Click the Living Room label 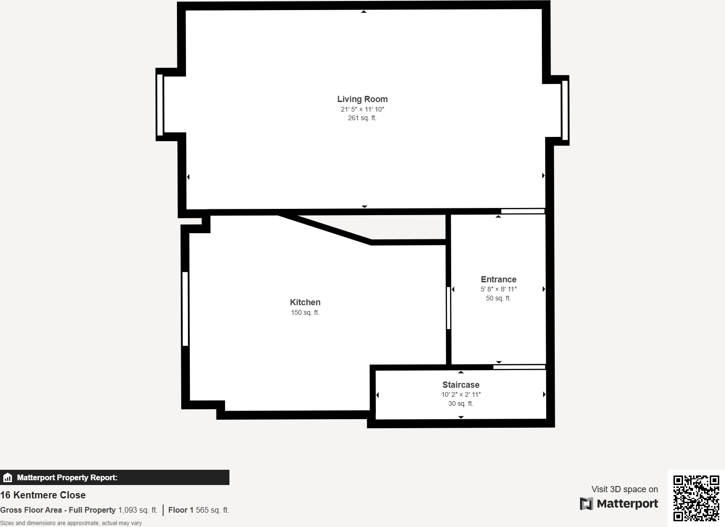(362, 99)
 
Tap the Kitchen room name (305, 302)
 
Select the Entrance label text (498, 279)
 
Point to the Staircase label (461, 385)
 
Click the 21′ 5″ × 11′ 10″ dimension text (362, 109)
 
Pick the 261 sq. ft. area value (362, 118)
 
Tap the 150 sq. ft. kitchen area (305, 313)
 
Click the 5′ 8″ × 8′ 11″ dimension (498, 289)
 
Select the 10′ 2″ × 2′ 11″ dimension (461, 394)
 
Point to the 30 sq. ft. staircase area (461, 403)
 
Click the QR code (696, 498)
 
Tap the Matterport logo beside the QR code (619, 504)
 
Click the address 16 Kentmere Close (43, 495)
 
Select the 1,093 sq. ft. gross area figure (137, 510)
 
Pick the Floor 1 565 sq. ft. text (198, 510)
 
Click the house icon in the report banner (8, 477)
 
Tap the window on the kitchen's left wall (185, 309)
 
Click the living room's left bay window (160, 104)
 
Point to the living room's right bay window (565, 110)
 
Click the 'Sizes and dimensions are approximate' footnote (71, 523)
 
